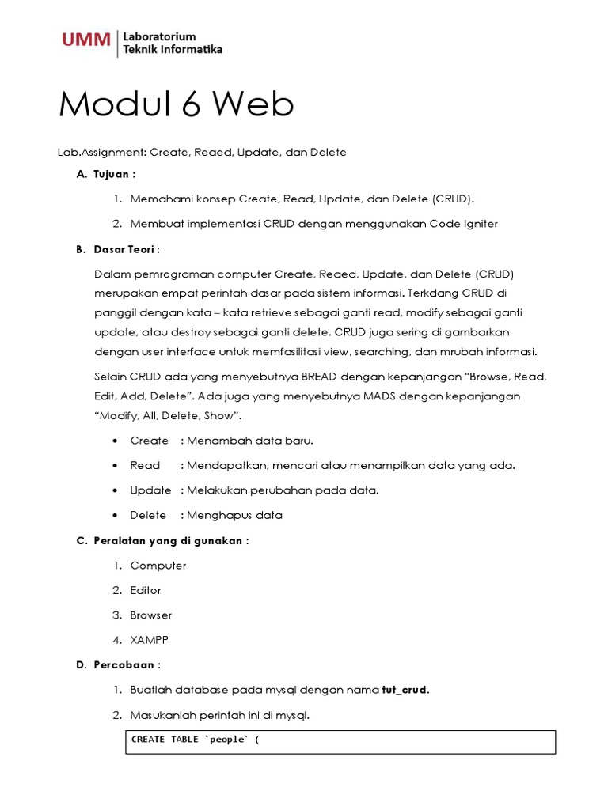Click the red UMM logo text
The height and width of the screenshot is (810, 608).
[x=86, y=40]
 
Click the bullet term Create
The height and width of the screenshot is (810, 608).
[x=149, y=441]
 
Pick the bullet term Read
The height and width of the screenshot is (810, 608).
[x=145, y=465]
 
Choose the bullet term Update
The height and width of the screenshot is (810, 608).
[x=150, y=490]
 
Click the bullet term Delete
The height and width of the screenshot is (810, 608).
[x=148, y=515]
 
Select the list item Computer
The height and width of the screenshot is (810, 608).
[x=158, y=566]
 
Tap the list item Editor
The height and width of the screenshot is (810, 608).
[x=146, y=590]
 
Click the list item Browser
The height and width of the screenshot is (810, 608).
[x=150, y=615]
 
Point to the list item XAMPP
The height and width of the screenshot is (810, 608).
[x=150, y=639]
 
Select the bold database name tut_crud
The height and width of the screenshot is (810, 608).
[x=405, y=690]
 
